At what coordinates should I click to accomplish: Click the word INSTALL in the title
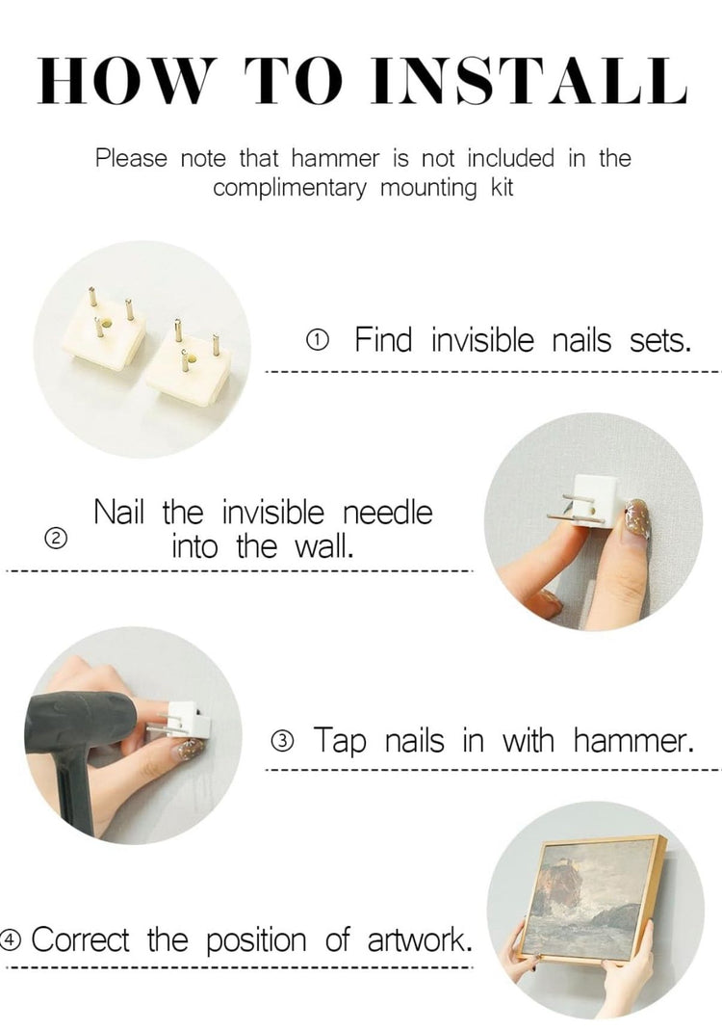[529, 81]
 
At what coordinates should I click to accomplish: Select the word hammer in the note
[335, 158]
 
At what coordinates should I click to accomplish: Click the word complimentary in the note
[290, 189]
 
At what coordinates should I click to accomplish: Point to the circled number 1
[318, 340]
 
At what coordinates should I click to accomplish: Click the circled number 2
[56, 539]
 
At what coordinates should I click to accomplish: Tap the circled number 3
[282, 741]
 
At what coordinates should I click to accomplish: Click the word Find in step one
[384, 339]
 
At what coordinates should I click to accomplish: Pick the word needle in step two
[388, 513]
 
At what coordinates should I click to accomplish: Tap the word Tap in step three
[339, 741]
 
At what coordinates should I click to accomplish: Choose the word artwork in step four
[420, 940]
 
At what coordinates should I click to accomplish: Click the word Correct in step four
[80, 939]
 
